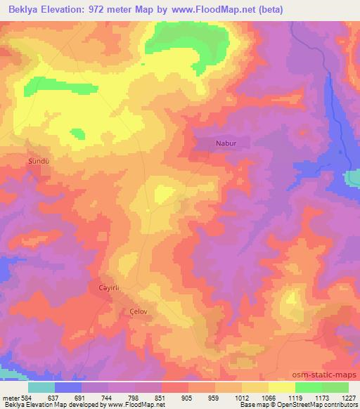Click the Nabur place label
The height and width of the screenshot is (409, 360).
pyautogui.click(x=225, y=143)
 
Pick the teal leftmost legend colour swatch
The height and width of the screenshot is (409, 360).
pyautogui.click(x=41, y=387)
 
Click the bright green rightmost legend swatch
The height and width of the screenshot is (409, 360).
pyautogui.click(x=335, y=387)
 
